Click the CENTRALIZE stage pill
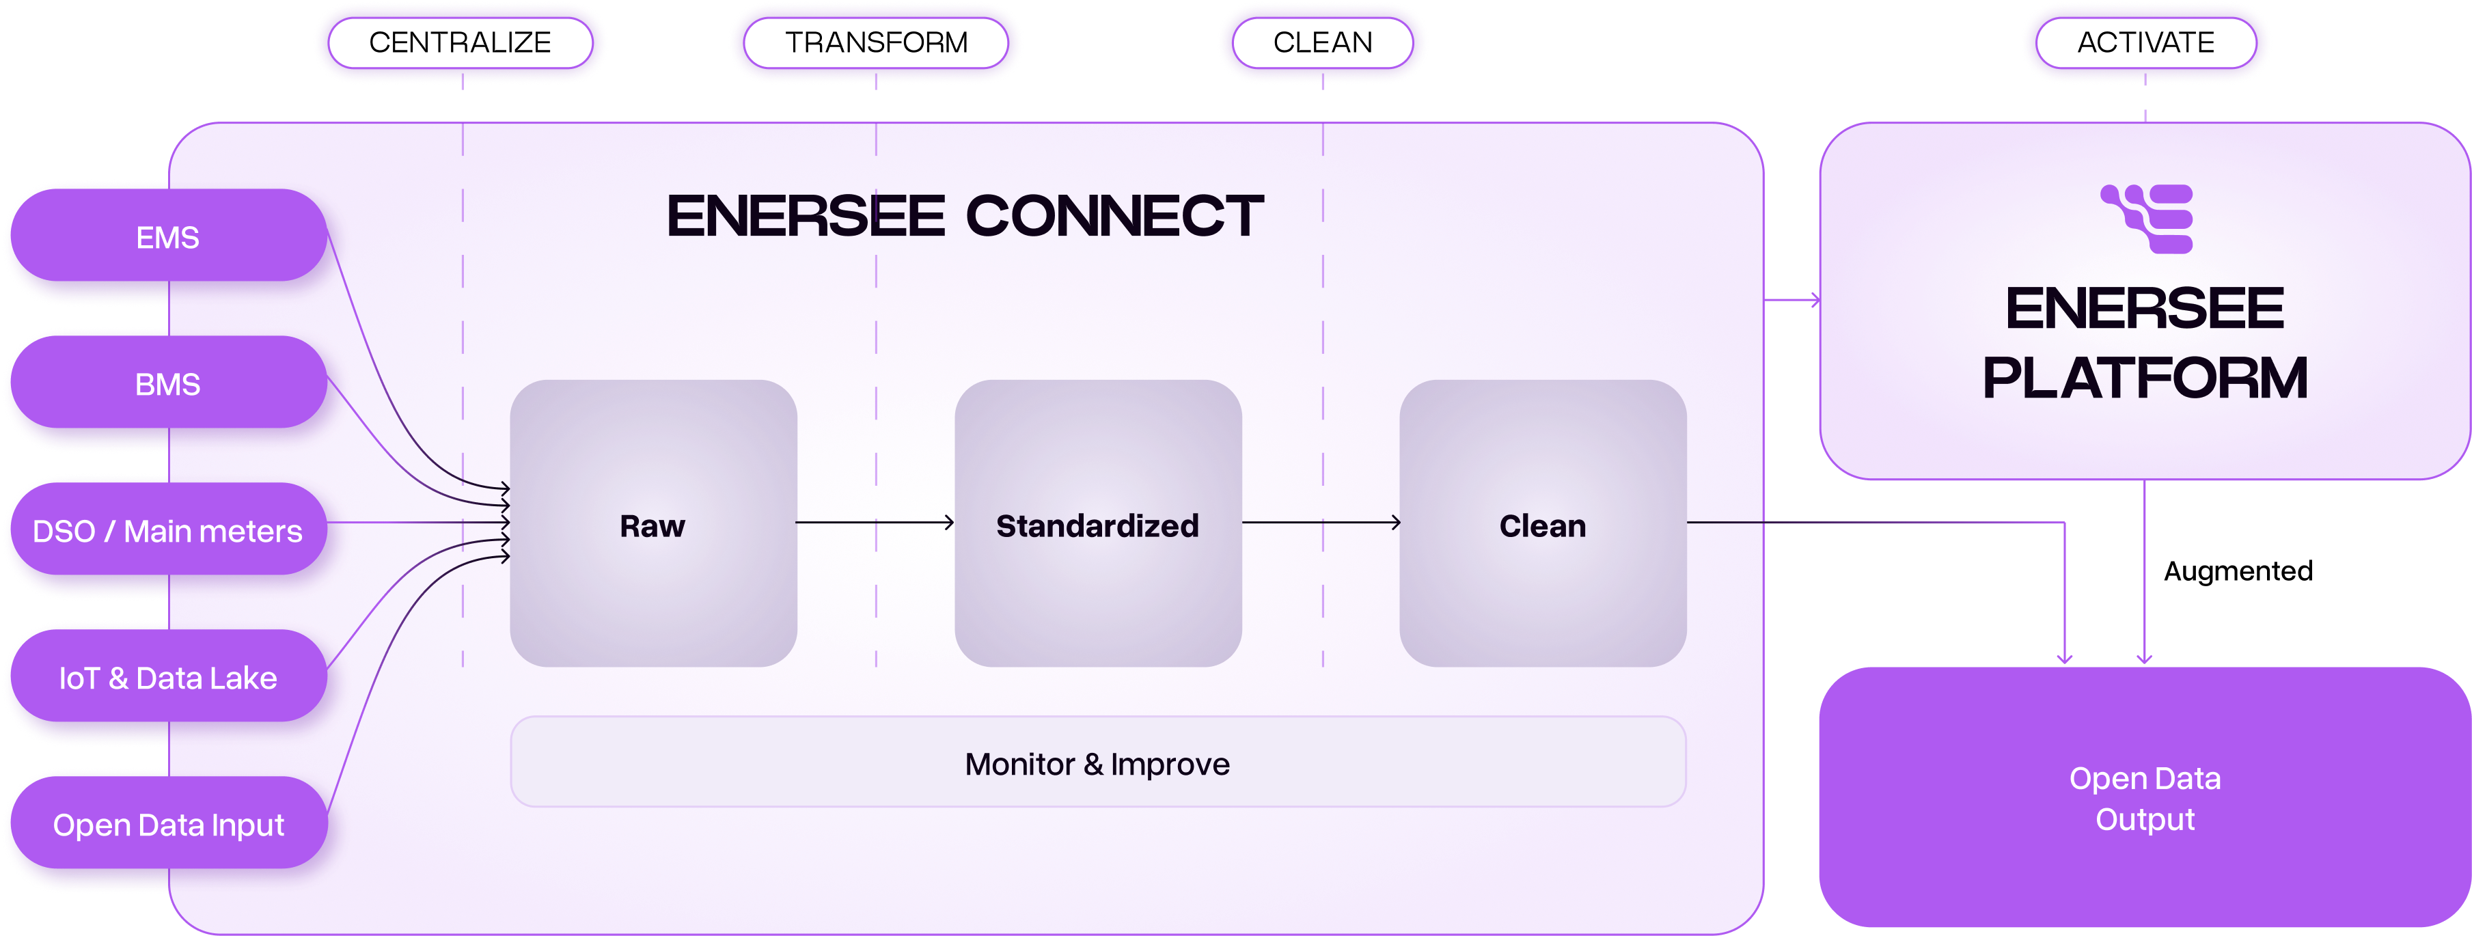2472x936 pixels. click(x=460, y=43)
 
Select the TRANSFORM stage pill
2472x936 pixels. click(x=876, y=43)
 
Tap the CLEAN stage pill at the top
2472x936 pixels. click(x=1322, y=43)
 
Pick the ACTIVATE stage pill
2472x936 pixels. click(x=2145, y=43)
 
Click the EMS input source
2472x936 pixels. click(x=168, y=237)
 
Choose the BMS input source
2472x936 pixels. click(x=168, y=384)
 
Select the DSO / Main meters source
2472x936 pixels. click(x=168, y=531)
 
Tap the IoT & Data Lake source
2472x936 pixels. click(x=168, y=678)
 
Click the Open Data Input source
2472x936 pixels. click(x=168, y=825)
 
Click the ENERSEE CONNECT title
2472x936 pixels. click(x=965, y=216)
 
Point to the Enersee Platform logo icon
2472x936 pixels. click(x=2147, y=219)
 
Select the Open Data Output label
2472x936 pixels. click(x=2145, y=798)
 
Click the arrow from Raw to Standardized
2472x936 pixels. click(x=875, y=522)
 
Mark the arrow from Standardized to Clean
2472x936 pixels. click(x=1321, y=522)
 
